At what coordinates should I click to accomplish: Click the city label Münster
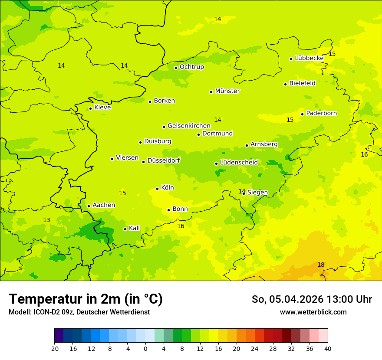(x=227, y=91)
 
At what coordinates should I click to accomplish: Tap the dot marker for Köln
(x=157, y=189)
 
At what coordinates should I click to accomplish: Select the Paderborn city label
(x=321, y=113)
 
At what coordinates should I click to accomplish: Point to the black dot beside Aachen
(x=89, y=206)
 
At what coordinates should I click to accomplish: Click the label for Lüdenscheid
(x=239, y=163)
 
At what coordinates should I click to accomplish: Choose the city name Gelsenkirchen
(x=189, y=126)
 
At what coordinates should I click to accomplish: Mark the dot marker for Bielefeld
(x=285, y=84)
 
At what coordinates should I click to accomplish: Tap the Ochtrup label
(x=191, y=67)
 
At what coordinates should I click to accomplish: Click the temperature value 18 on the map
(x=321, y=265)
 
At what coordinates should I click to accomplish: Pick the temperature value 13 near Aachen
(x=46, y=220)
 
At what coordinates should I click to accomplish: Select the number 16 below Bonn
(x=181, y=226)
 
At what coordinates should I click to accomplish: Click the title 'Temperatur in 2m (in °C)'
(x=86, y=299)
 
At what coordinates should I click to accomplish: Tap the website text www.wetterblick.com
(x=313, y=312)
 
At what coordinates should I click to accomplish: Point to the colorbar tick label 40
(x=328, y=348)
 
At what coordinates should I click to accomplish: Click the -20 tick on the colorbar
(x=54, y=348)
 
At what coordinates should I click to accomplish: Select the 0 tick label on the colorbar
(x=145, y=348)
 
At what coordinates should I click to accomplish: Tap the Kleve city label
(x=102, y=108)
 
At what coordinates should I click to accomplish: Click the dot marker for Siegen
(x=244, y=193)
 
